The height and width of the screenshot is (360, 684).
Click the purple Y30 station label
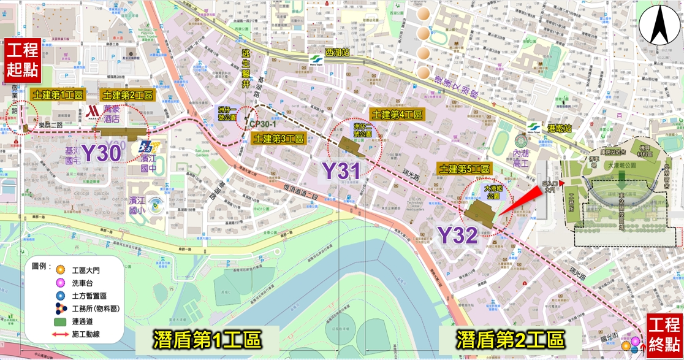pos(101,153)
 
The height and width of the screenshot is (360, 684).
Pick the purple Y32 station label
pos(457,234)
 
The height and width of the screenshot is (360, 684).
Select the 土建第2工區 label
pos(127,96)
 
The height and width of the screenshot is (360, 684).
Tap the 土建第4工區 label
pos(397,115)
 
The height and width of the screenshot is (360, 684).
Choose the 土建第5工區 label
pos(464,168)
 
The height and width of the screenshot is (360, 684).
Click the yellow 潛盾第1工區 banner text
pos(207,339)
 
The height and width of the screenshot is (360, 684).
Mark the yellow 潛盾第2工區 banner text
pos(510,339)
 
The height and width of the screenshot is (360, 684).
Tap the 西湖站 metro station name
pos(337,53)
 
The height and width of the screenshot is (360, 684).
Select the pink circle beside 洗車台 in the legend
pos(59,283)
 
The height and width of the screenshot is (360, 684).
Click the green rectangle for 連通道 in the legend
pos(59,321)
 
